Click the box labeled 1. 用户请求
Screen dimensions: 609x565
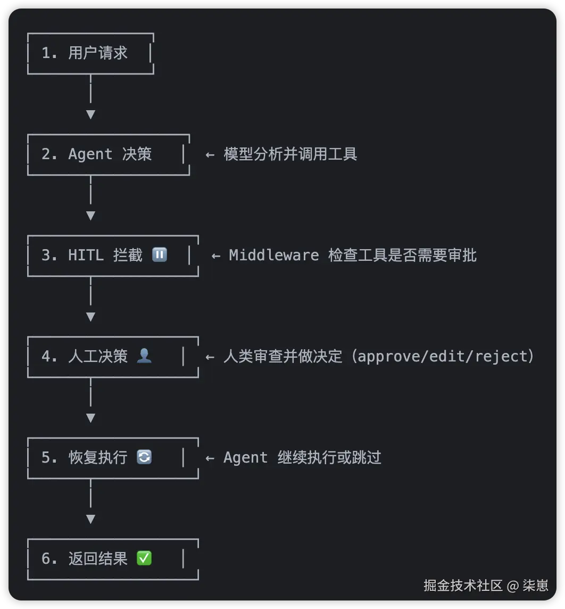90,53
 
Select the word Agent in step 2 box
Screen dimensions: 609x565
90,154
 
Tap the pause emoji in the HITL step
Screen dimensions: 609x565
160,255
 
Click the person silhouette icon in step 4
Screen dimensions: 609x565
144,356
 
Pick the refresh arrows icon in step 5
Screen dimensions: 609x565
144,457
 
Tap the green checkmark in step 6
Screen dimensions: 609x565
144,558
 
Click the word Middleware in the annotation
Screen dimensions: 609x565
273,256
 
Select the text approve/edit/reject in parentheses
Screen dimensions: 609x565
445,356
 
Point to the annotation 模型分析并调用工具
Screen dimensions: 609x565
290,154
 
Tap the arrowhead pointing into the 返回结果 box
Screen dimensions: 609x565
90,519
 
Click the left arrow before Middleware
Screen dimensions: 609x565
215,256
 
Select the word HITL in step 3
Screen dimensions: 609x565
86,256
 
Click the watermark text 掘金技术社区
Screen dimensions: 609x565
463,586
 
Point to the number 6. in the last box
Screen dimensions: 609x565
49,558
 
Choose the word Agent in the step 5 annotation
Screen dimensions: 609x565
245,458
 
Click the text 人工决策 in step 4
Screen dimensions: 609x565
98,356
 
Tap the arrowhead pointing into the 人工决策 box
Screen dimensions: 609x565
90,317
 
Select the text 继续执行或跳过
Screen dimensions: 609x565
329,458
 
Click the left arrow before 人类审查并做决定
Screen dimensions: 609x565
210,357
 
